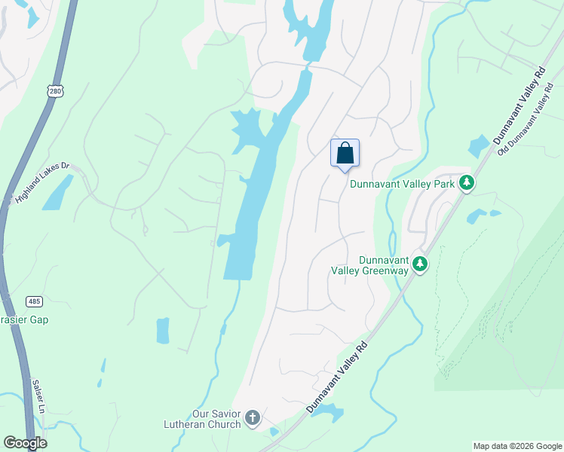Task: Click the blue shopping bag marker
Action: coord(345,153)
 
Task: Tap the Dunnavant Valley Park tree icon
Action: coord(467,183)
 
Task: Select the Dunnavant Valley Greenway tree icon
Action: coord(421,264)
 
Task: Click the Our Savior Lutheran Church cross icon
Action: coord(253,417)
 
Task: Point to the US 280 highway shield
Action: coord(54,91)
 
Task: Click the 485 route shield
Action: coord(34,301)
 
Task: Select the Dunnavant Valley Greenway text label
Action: coord(369,264)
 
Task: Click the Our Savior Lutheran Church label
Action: coord(203,418)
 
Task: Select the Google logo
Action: coord(25,443)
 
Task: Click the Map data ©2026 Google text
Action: coord(517,446)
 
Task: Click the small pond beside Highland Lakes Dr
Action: coord(58,193)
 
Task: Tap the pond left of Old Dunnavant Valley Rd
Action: coord(479,145)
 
